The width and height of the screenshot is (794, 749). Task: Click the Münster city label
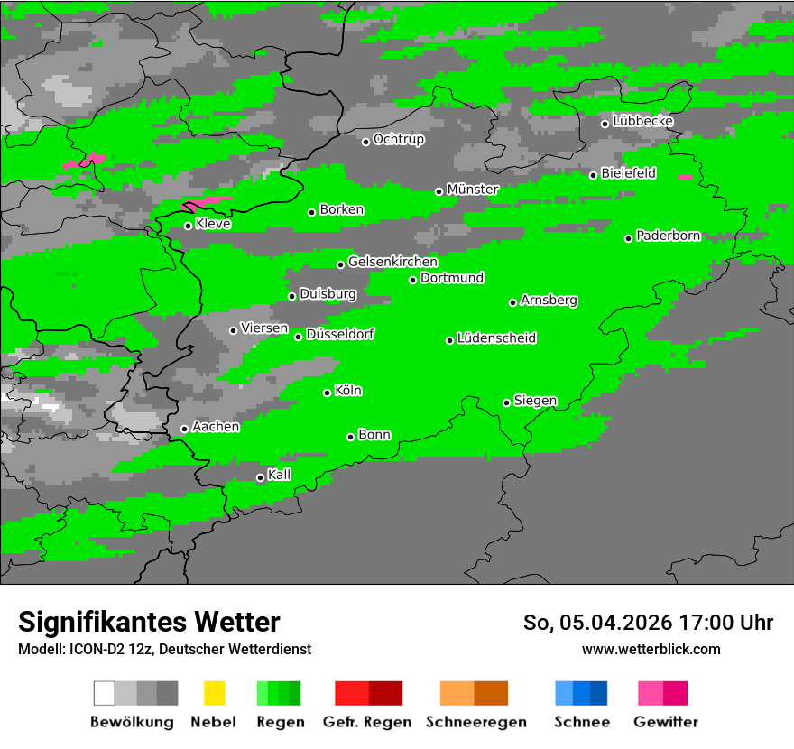473,190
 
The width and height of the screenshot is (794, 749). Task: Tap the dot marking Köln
328,393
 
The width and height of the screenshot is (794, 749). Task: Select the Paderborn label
669,236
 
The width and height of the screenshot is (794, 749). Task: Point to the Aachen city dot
185,429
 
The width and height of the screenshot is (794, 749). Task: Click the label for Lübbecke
643,121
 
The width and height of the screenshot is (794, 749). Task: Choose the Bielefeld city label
629,173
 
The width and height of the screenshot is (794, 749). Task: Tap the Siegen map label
536,401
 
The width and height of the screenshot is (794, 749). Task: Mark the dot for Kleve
188,226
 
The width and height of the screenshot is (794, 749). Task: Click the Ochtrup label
399,140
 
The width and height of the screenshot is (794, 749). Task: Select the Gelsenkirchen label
393,262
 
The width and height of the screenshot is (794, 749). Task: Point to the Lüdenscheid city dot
449,340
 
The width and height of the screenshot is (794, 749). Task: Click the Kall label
280,475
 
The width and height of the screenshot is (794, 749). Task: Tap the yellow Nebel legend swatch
214,693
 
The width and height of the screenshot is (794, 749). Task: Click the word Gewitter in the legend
666,722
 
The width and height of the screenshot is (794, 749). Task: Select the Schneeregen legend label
474,722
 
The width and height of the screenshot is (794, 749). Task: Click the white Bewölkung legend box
105,693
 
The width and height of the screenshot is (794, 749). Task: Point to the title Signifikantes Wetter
149,622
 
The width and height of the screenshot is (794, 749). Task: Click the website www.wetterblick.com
651,649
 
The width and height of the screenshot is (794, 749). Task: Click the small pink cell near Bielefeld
685,178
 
